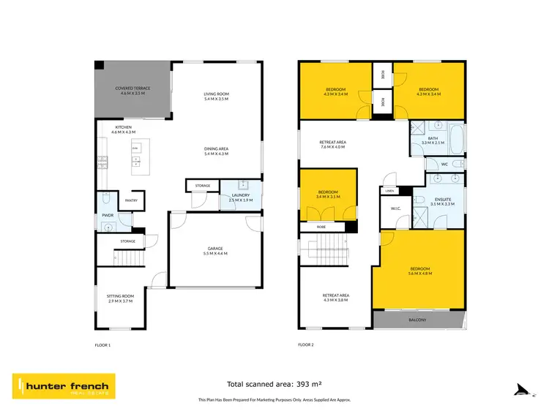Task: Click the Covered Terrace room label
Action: (132, 91)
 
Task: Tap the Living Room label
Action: (217, 96)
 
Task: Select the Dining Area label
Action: (217, 151)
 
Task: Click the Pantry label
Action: (132, 200)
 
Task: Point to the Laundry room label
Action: (240, 197)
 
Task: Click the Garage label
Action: (217, 252)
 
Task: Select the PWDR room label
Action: (108, 216)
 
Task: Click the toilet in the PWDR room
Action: (107, 199)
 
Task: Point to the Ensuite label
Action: (444, 201)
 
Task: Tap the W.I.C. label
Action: (395, 209)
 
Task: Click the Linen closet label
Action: (389, 191)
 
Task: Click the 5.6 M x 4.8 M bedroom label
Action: (420, 271)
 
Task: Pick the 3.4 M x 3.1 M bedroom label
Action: (327, 195)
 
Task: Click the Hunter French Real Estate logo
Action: (63, 386)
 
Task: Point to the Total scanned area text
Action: (275, 384)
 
